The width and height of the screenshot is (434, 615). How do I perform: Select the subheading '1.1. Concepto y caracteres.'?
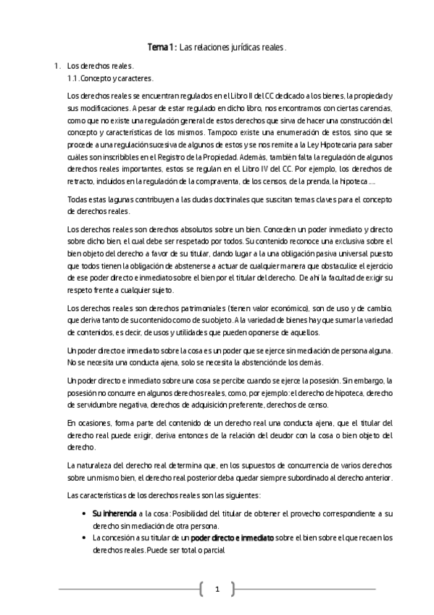110,78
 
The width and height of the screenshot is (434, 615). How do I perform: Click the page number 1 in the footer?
217,589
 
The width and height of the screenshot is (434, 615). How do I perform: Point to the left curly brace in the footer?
200,589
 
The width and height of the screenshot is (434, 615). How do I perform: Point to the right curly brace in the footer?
233,589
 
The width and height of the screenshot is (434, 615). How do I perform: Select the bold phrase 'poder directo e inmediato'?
232,537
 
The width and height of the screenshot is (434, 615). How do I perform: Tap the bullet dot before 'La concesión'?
86,537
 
